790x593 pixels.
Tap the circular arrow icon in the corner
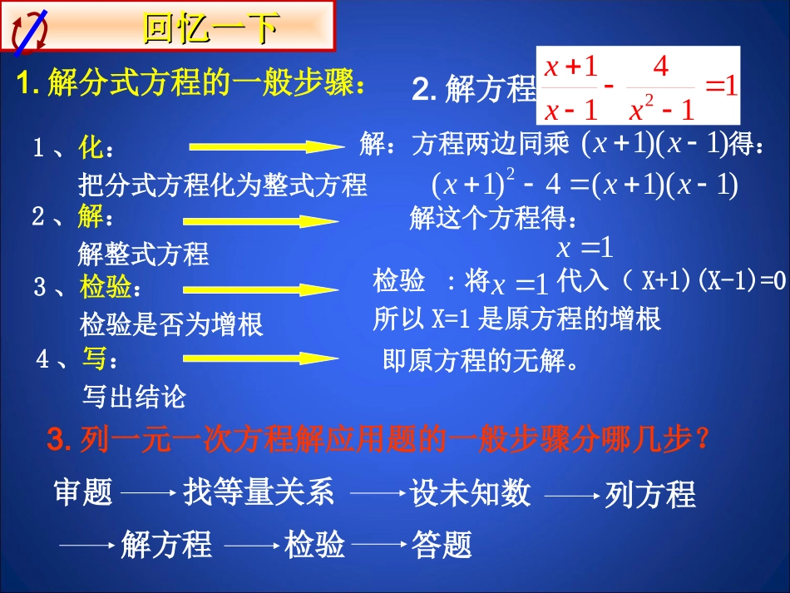click(29, 32)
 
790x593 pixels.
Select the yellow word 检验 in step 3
click(106, 288)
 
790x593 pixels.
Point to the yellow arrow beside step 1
click(266, 147)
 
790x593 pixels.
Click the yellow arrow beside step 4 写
click(260, 358)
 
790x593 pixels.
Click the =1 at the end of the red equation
click(721, 86)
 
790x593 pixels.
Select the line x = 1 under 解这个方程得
click(584, 247)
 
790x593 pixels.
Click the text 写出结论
click(134, 396)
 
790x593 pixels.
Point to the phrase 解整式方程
click(143, 253)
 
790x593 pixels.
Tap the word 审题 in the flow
click(83, 493)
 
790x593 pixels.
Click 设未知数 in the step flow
click(471, 493)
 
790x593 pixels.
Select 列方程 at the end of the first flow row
click(649, 495)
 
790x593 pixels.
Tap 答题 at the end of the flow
click(442, 546)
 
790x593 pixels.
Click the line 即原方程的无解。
click(480, 362)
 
